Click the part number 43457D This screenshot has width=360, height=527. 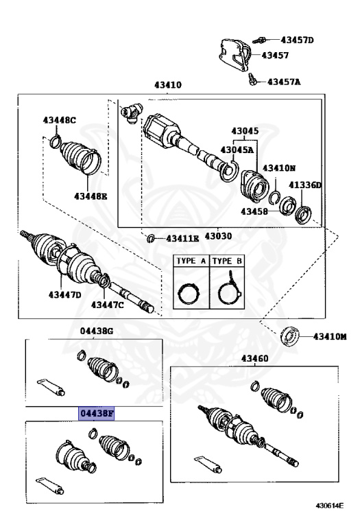tap(297, 40)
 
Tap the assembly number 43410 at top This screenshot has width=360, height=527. tap(167, 86)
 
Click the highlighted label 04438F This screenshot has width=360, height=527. tap(97, 414)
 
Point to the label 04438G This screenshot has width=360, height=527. tap(96, 331)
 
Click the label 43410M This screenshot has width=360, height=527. tap(330, 337)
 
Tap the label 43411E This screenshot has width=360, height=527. tap(182, 239)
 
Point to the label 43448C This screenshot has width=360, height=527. tap(59, 121)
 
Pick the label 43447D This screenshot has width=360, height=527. tap(64, 295)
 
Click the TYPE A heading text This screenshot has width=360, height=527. tap(191, 261)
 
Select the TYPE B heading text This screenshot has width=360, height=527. tap(226, 261)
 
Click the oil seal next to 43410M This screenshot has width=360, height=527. tap(291, 336)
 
